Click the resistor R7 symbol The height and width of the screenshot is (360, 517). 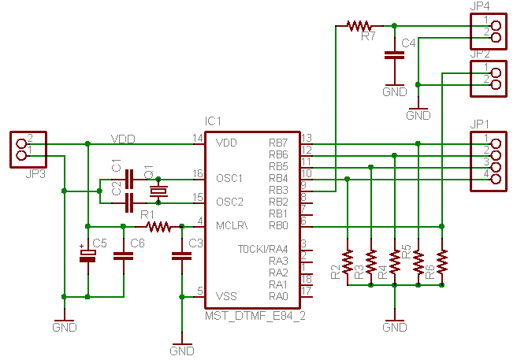click(x=359, y=25)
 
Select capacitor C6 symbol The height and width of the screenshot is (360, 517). click(x=123, y=256)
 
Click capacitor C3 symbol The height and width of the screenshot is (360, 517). click(x=181, y=255)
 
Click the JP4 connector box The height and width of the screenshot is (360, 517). click(x=488, y=30)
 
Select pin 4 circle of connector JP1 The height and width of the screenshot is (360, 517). click(x=497, y=179)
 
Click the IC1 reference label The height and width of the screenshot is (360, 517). click(x=213, y=121)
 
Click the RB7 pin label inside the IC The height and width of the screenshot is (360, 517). click(x=277, y=143)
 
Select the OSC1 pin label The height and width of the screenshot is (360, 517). click(x=229, y=178)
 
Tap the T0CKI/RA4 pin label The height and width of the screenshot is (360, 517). click(x=262, y=250)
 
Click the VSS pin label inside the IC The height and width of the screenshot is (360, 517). click(x=225, y=296)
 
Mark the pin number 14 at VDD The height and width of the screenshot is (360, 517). click(x=198, y=138)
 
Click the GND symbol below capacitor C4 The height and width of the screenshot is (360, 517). click(x=392, y=91)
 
